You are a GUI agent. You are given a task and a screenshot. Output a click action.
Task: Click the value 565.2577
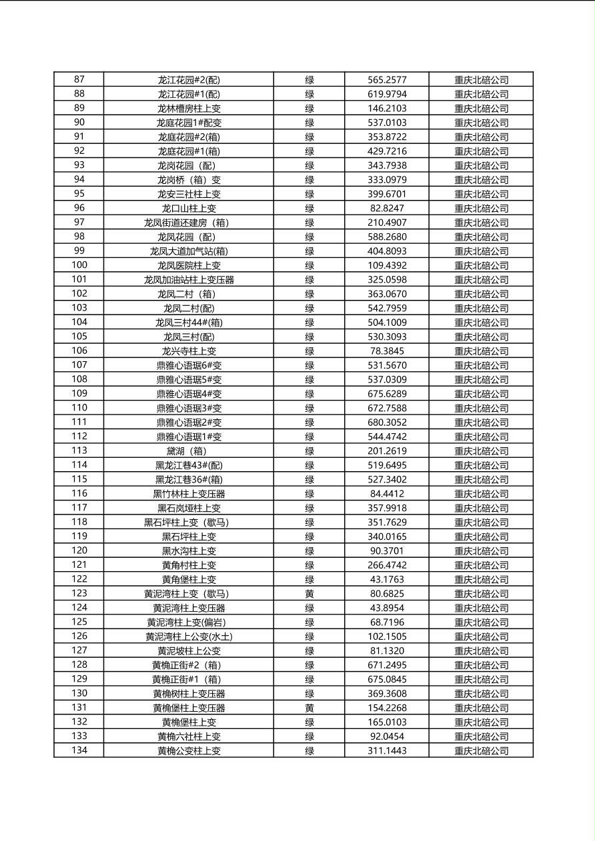click(387, 80)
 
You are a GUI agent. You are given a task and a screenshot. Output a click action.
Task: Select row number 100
click(79, 265)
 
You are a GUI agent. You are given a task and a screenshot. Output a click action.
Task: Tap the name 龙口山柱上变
click(189, 209)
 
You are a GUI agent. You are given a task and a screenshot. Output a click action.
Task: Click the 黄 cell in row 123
click(310, 594)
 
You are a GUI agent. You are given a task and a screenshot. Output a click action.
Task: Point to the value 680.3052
click(387, 422)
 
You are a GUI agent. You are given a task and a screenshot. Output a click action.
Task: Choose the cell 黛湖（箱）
click(189, 451)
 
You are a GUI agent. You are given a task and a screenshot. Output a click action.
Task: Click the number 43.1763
click(387, 580)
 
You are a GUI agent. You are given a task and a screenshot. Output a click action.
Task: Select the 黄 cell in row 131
click(310, 708)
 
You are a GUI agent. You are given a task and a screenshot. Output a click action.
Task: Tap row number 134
click(79, 750)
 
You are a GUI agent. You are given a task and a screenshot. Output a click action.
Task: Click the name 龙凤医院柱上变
click(189, 266)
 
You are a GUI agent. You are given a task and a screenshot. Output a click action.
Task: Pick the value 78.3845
click(387, 351)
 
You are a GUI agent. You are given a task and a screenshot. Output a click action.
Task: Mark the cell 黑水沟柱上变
click(189, 551)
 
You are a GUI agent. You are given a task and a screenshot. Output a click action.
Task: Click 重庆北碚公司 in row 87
click(481, 80)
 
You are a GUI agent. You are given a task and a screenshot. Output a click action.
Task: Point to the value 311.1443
click(387, 751)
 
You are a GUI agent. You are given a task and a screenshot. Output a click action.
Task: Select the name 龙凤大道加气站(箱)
click(189, 251)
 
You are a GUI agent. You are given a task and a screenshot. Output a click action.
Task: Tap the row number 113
click(79, 450)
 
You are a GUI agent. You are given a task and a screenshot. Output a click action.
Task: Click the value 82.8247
click(387, 209)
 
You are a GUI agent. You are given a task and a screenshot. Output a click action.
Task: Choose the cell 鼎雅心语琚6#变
click(189, 365)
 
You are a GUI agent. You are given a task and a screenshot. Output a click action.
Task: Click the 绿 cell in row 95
click(310, 194)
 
